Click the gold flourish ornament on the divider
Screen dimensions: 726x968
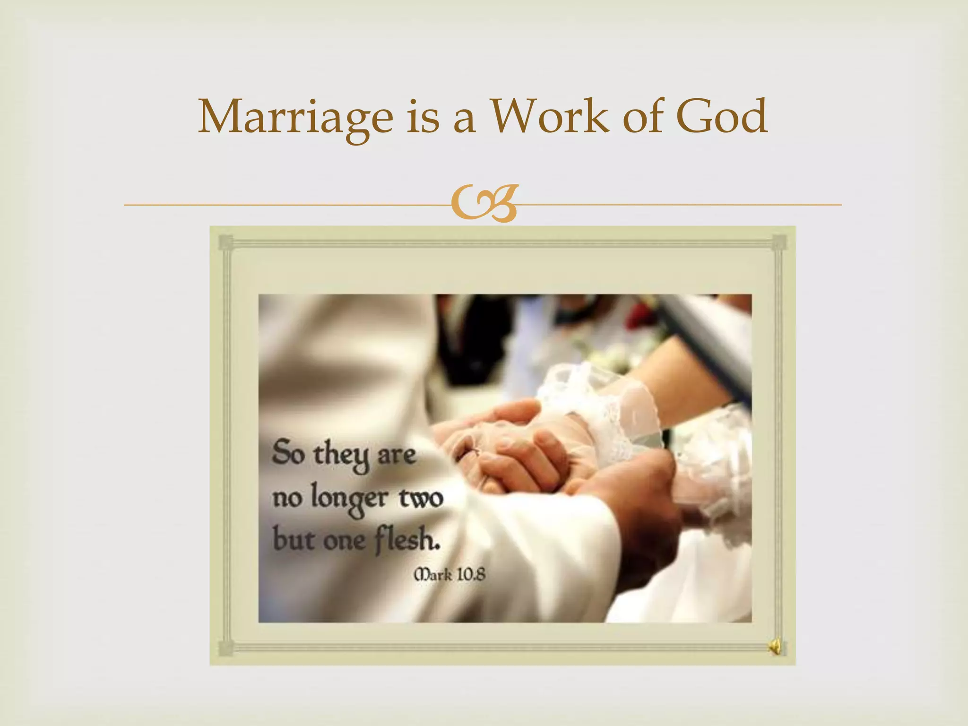pyautogui.click(x=484, y=204)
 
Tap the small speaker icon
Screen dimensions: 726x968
pyautogui.click(x=775, y=647)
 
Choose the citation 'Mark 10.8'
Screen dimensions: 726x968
pyautogui.click(x=449, y=575)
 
